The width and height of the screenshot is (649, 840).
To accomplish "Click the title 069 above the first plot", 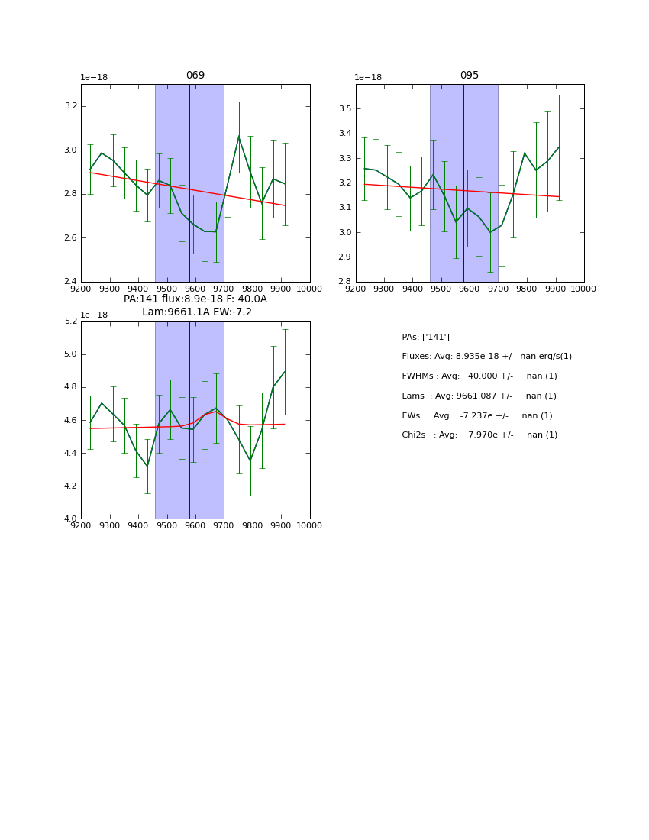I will (x=195, y=76).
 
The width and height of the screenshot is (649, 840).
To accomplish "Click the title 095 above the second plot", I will (x=470, y=76).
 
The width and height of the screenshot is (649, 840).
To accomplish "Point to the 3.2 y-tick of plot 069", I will (x=70, y=106).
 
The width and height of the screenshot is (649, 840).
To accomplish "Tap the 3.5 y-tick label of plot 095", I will (x=345, y=109).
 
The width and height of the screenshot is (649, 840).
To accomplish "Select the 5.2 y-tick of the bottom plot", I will (x=70, y=321).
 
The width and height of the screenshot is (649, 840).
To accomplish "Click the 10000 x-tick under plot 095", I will (x=583, y=289).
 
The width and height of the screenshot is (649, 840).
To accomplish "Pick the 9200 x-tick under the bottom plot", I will (x=81, y=525).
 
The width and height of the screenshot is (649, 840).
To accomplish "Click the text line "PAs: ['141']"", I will (x=425, y=337).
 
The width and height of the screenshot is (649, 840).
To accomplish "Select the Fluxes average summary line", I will (x=486, y=357).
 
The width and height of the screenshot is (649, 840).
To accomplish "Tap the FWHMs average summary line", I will (x=479, y=376).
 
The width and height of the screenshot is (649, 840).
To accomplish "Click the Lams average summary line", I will (x=479, y=396).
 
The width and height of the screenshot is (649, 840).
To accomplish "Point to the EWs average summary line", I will (x=476, y=415).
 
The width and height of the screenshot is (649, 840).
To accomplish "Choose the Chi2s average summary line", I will (x=479, y=435).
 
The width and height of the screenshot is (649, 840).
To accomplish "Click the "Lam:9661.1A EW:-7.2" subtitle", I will (x=196, y=312).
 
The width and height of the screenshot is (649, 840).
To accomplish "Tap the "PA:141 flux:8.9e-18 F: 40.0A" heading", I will (x=195, y=299).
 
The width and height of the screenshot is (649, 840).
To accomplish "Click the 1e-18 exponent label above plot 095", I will (x=368, y=78).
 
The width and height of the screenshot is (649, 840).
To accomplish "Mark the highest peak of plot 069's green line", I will (x=239, y=137).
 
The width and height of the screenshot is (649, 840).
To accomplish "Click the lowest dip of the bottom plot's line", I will (x=147, y=467).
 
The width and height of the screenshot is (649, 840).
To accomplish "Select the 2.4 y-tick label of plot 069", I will (x=70, y=282).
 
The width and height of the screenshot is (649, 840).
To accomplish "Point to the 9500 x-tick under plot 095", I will (x=441, y=289).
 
